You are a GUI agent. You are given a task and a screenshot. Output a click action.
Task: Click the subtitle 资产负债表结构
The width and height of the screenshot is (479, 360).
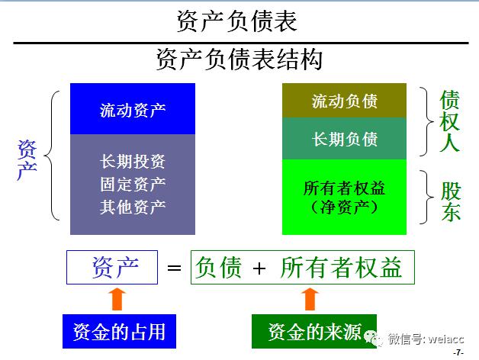239,59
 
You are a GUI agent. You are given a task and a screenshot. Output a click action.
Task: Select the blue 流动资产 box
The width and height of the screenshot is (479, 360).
133,109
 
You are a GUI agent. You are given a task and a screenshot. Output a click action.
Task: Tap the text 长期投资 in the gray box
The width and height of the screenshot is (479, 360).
133,162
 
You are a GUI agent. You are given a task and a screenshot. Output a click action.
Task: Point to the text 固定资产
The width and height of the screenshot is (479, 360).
133,184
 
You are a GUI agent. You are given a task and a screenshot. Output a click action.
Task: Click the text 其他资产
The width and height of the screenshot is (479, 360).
133,206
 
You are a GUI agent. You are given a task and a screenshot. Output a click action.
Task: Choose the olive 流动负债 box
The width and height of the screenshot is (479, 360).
345,101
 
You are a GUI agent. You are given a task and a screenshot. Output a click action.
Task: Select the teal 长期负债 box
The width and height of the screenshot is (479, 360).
345,139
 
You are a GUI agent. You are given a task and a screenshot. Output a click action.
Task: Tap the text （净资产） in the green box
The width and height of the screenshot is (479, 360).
345,207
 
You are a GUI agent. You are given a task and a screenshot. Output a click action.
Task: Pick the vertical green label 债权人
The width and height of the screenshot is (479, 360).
450,121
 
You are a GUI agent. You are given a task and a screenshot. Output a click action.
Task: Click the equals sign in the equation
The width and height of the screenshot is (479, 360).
175,268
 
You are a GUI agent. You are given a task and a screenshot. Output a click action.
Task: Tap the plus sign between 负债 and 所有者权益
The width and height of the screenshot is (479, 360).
260,268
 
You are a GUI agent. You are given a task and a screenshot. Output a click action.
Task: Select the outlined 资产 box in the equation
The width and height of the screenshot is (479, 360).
112,268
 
